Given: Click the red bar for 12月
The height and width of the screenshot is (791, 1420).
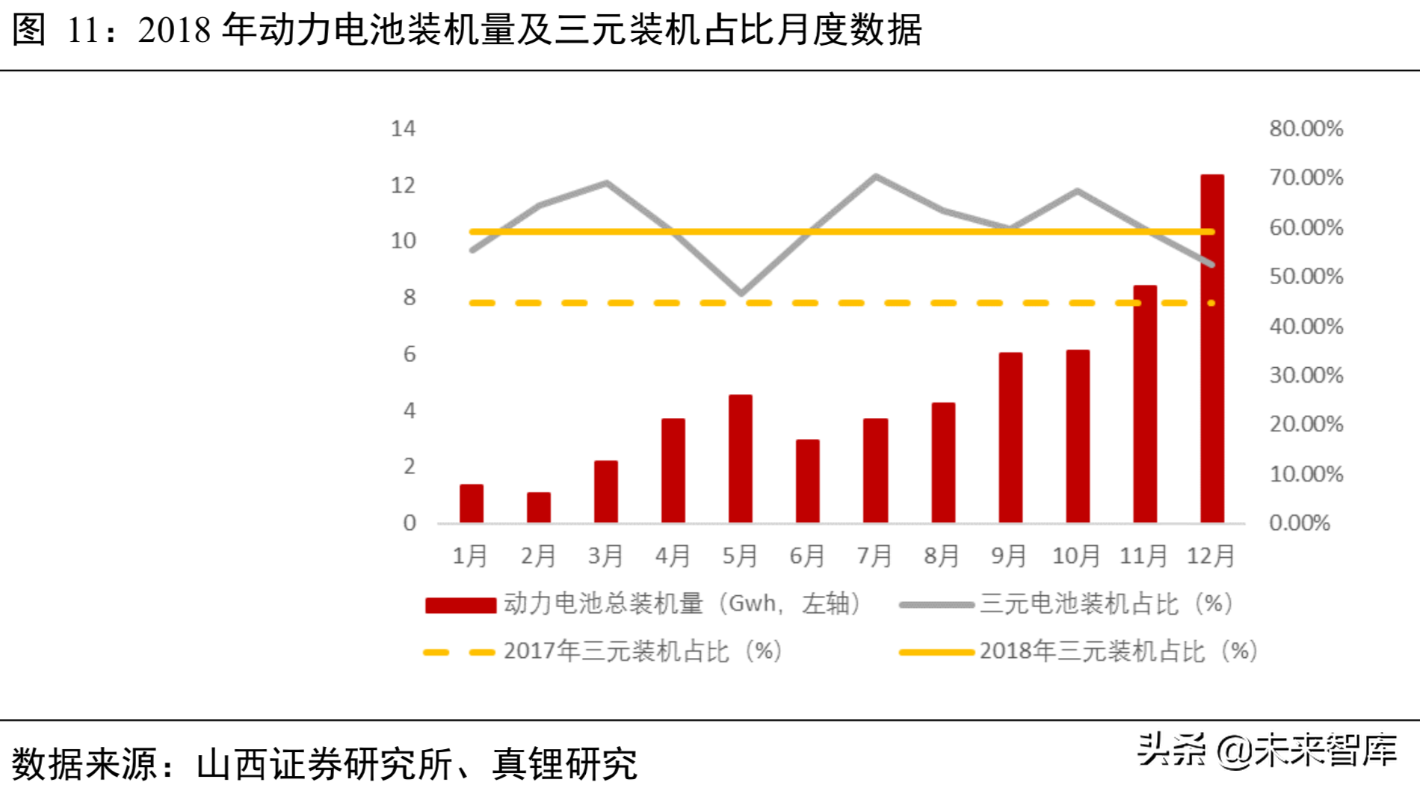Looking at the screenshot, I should pos(1211,348).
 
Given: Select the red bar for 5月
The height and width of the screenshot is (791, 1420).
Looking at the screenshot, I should pos(740,458).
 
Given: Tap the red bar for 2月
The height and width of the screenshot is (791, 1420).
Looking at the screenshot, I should pos(538,507).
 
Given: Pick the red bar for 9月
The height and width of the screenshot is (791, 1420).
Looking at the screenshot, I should pos(1010,437).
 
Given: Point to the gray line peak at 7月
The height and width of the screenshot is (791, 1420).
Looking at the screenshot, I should pos(875,177).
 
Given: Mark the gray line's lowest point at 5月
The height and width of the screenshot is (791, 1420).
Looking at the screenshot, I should pos(741,293).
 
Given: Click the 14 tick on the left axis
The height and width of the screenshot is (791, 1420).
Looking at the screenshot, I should pos(403,129).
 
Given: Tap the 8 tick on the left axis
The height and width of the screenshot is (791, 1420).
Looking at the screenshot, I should pos(409,298).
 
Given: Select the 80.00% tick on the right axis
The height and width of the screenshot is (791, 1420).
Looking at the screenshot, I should pos(1306,129).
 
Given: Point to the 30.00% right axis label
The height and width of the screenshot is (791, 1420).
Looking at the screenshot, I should pos(1306,375).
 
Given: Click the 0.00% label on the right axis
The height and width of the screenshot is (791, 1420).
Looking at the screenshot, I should pos(1299,523).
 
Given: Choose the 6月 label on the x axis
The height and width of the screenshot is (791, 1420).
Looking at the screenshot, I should pos(807,555).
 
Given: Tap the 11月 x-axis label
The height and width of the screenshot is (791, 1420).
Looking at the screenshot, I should pos(1143,555).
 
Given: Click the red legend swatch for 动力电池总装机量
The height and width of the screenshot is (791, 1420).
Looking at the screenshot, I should pos(460,605).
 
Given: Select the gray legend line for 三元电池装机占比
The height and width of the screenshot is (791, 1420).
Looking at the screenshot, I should pos(936,605).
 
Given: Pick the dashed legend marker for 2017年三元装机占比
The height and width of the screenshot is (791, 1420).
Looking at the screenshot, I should pos(459,653).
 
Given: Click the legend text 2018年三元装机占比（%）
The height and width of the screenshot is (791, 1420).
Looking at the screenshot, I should pos(1118,652).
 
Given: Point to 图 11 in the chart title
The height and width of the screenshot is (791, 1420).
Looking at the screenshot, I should pos(57,30).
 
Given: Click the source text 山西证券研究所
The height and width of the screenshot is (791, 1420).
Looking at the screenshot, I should pos(324,764).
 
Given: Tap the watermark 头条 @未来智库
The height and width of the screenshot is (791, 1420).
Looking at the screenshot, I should pos(1266,750).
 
